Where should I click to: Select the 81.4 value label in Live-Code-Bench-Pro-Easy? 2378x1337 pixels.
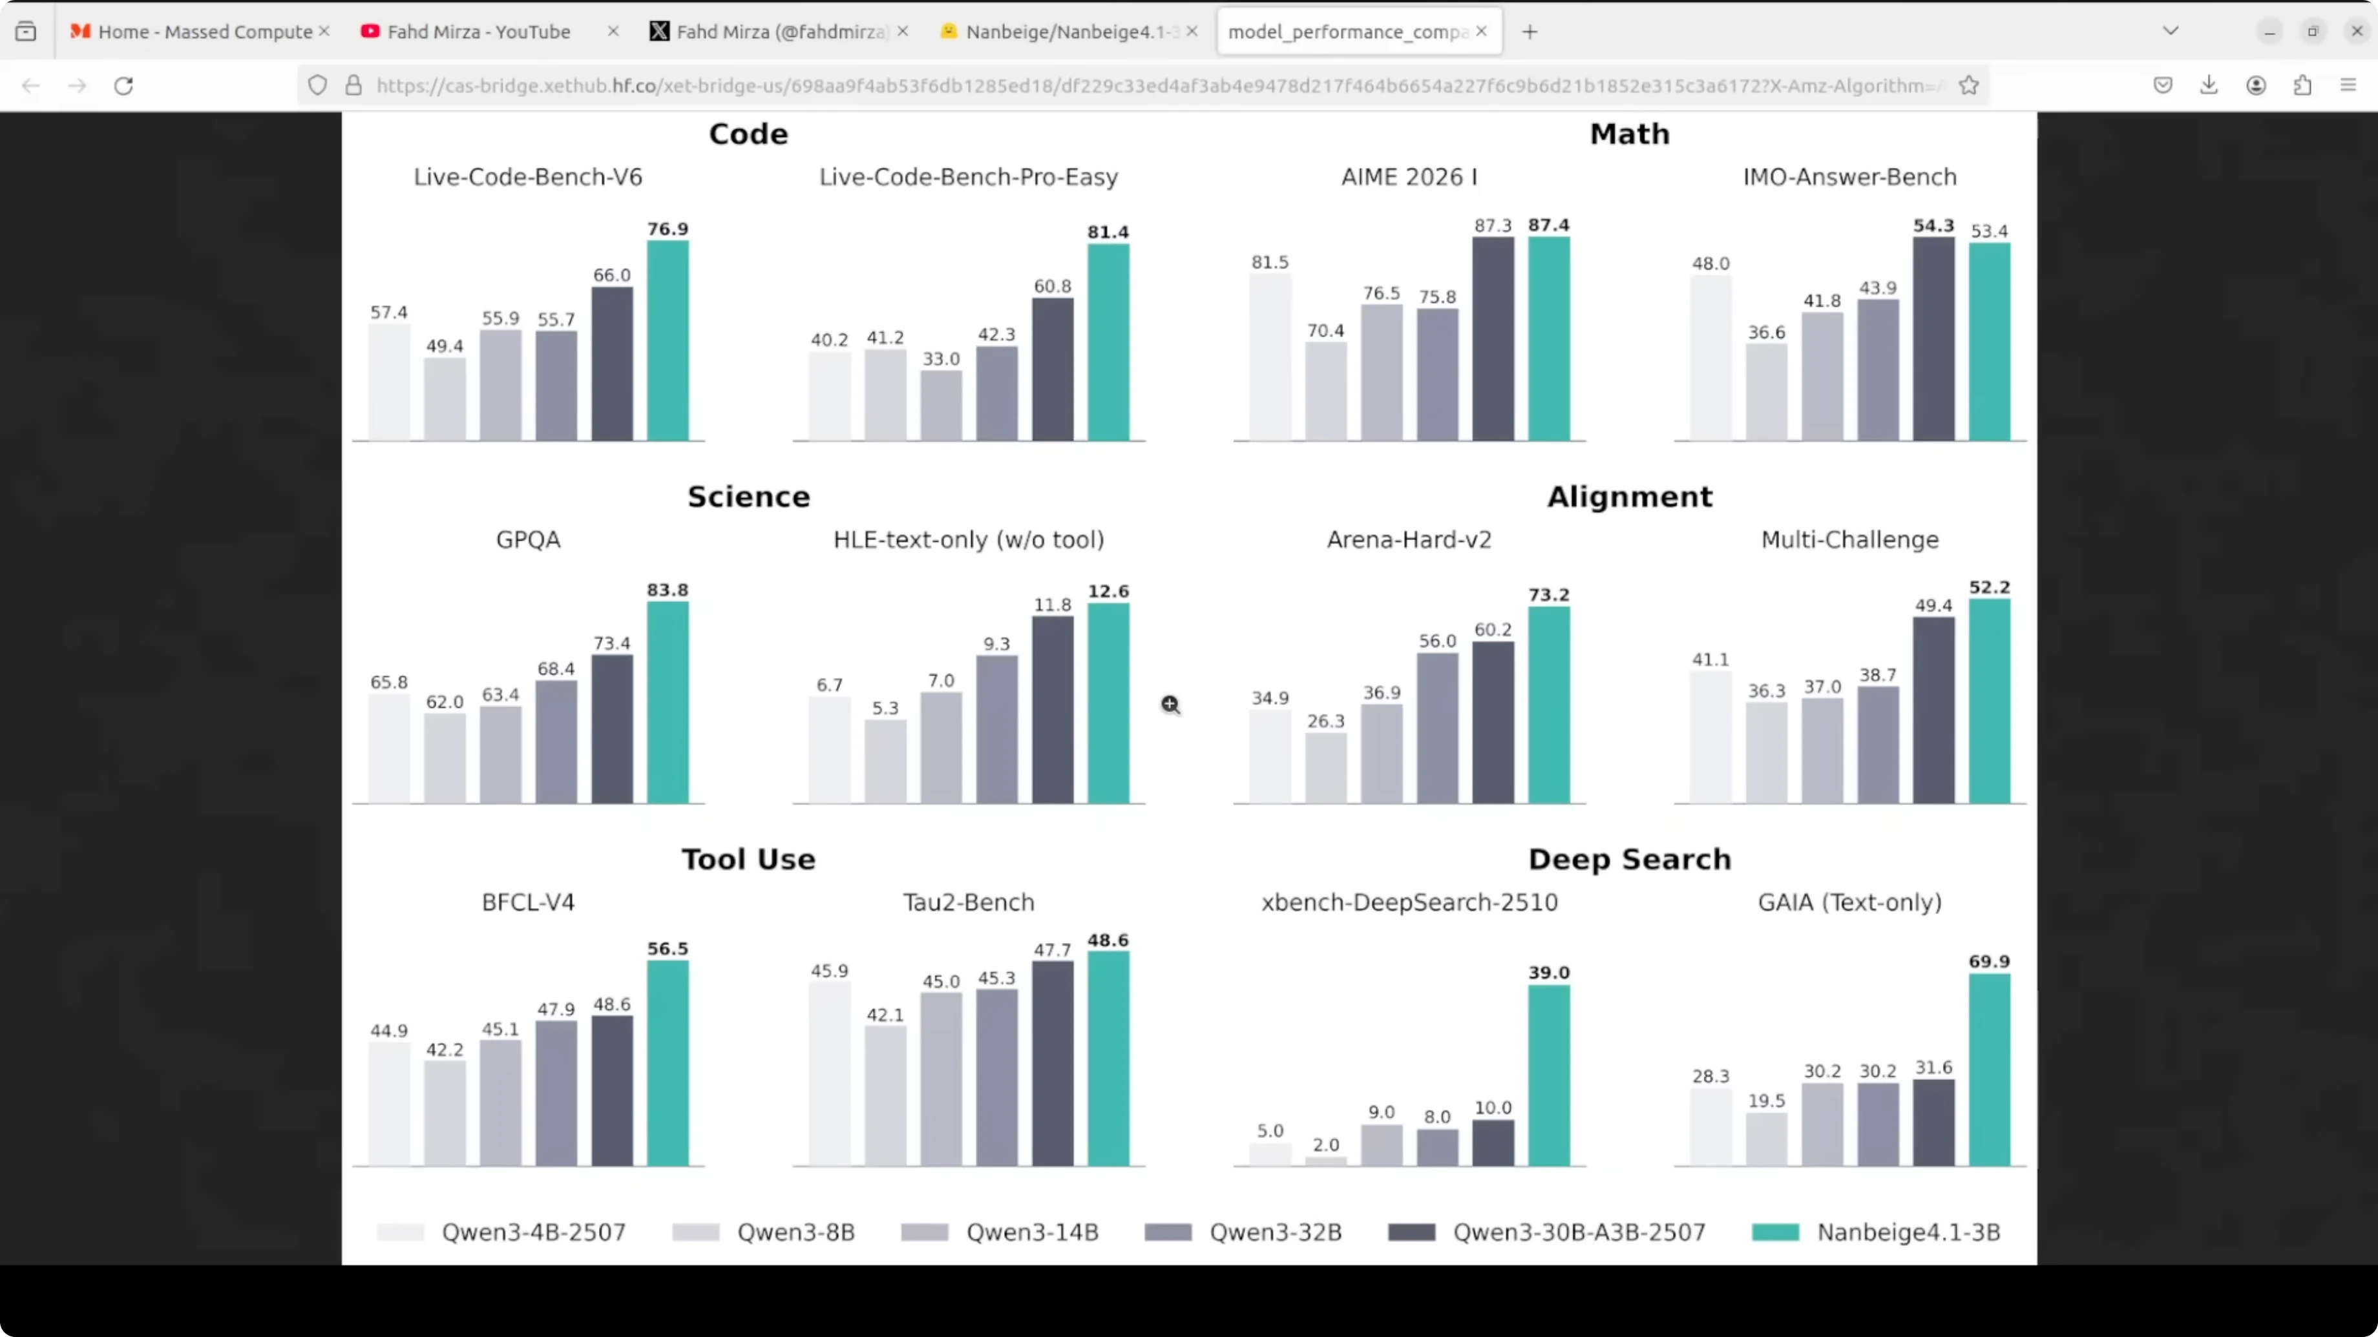click(x=1108, y=232)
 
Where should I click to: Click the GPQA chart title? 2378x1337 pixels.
click(x=528, y=540)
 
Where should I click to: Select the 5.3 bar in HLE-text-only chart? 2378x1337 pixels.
click(x=885, y=762)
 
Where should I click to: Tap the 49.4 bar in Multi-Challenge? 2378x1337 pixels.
click(x=1933, y=710)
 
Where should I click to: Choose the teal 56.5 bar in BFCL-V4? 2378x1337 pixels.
click(x=668, y=1063)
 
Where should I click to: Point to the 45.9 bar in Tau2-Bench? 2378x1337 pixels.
click(x=829, y=1074)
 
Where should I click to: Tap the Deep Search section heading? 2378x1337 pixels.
click(x=1629, y=859)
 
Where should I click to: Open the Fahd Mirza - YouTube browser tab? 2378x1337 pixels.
click(x=478, y=32)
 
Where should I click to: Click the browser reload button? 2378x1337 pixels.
click(x=123, y=86)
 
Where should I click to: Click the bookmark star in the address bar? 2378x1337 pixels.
click(x=1969, y=86)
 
